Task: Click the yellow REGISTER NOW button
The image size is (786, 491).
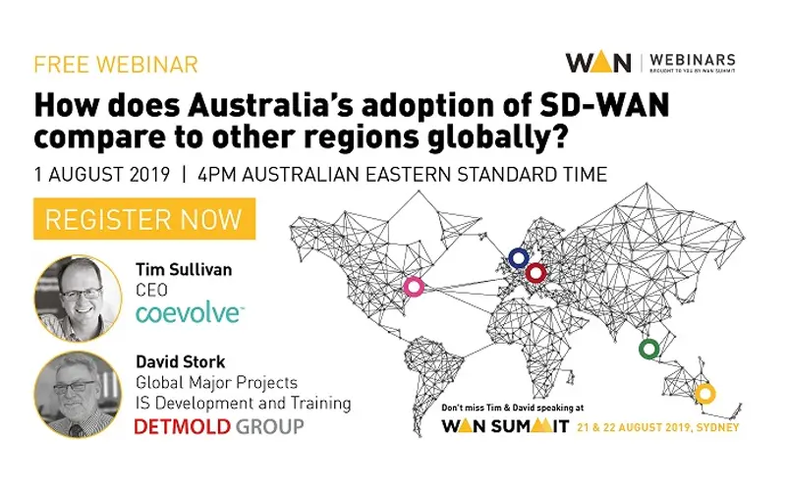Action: point(144,219)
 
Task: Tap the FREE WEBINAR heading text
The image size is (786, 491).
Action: point(116,66)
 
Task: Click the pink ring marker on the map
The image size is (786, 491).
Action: point(415,287)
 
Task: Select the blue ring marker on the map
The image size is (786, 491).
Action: point(518,258)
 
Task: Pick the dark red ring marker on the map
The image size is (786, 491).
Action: point(535,272)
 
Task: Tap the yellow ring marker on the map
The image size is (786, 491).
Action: point(704,395)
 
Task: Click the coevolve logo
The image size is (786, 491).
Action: point(189,313)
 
